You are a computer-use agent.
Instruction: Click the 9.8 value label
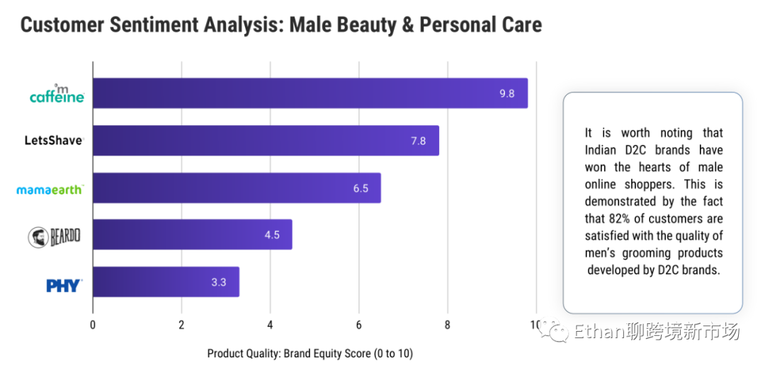point(506,93)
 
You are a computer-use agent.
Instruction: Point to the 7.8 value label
point(418,141)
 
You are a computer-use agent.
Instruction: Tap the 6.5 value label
point(361,188)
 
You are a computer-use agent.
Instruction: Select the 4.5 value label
point(272,235)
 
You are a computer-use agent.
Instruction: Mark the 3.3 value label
point(218,282)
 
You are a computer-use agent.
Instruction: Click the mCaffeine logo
point(57,94)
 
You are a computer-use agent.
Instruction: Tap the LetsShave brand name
point(53,141)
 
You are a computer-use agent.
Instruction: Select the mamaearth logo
point(50,189)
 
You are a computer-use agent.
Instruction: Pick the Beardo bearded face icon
point(37,237)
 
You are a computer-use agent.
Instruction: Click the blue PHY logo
point(64,285)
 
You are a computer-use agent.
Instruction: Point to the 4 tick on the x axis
point(270,325)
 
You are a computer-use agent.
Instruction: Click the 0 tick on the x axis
point(93,325)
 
